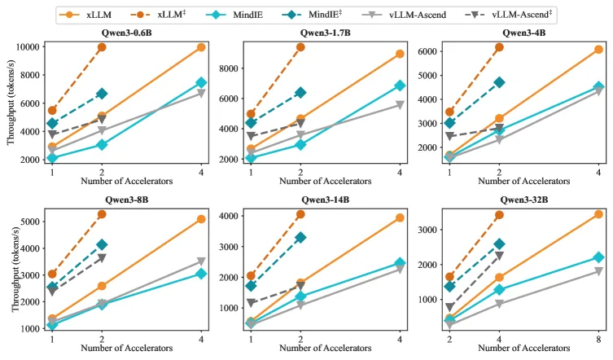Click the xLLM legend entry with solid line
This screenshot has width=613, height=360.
[85, 15]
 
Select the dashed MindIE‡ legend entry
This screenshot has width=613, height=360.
[312, 15]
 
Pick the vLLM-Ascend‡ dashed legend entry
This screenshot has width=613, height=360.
[508, 15]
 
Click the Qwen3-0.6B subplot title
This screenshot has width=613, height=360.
[126, 33]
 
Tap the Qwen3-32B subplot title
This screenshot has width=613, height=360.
[524, 200]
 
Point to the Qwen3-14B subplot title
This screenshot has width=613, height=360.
[326, 200]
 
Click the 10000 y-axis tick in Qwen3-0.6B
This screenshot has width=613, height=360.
[28, 47]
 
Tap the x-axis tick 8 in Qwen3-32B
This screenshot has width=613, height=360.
[598, 340]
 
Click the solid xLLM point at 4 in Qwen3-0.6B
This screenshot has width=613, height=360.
[201, 47]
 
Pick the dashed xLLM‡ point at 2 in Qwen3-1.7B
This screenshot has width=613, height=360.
[300, 47]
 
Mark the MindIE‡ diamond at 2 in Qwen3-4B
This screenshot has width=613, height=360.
[499, 82]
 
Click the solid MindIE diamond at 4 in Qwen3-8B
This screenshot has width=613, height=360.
[201, 274]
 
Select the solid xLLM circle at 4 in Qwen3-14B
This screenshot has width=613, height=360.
[400, 218]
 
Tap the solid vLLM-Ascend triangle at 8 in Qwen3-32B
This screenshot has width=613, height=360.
[598, 271]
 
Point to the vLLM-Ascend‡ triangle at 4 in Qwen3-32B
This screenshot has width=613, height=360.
[499, 256]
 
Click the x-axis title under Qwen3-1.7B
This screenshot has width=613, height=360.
[326, 181]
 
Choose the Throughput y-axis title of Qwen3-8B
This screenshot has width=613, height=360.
[15, 270]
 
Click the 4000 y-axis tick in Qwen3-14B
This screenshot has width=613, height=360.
[229, 216]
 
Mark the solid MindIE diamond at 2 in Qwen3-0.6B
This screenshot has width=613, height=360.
[102, 145]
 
